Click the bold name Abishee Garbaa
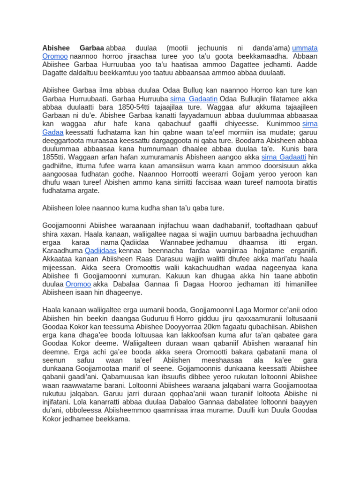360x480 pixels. [73, 48]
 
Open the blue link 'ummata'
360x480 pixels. [305, 48]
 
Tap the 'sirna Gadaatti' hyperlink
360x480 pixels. [284, 157]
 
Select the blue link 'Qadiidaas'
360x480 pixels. [100, 251]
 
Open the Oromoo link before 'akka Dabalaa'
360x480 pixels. [78, 284]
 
